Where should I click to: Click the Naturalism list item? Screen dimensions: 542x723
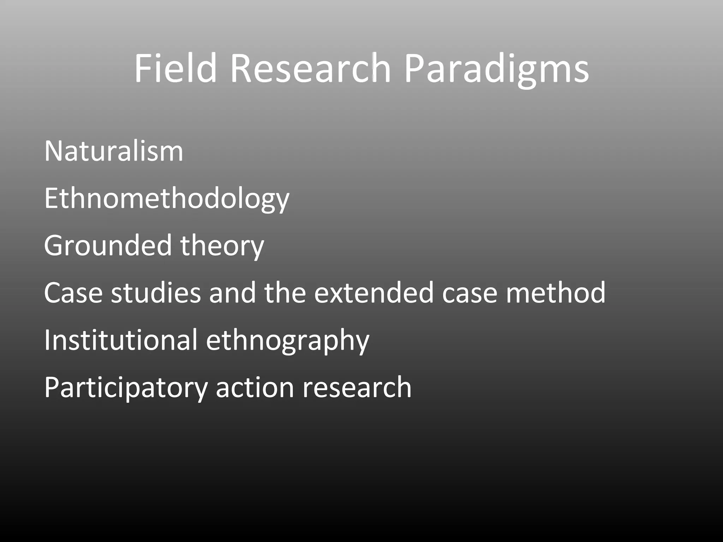click(114, 151)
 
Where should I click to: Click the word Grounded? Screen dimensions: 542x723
click(107, 245)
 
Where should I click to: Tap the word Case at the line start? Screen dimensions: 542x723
click(73, 293)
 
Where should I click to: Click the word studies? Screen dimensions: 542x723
click(156, 293)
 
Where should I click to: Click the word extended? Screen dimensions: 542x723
click(374, 293)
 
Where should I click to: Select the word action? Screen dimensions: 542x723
click(255, 387)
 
